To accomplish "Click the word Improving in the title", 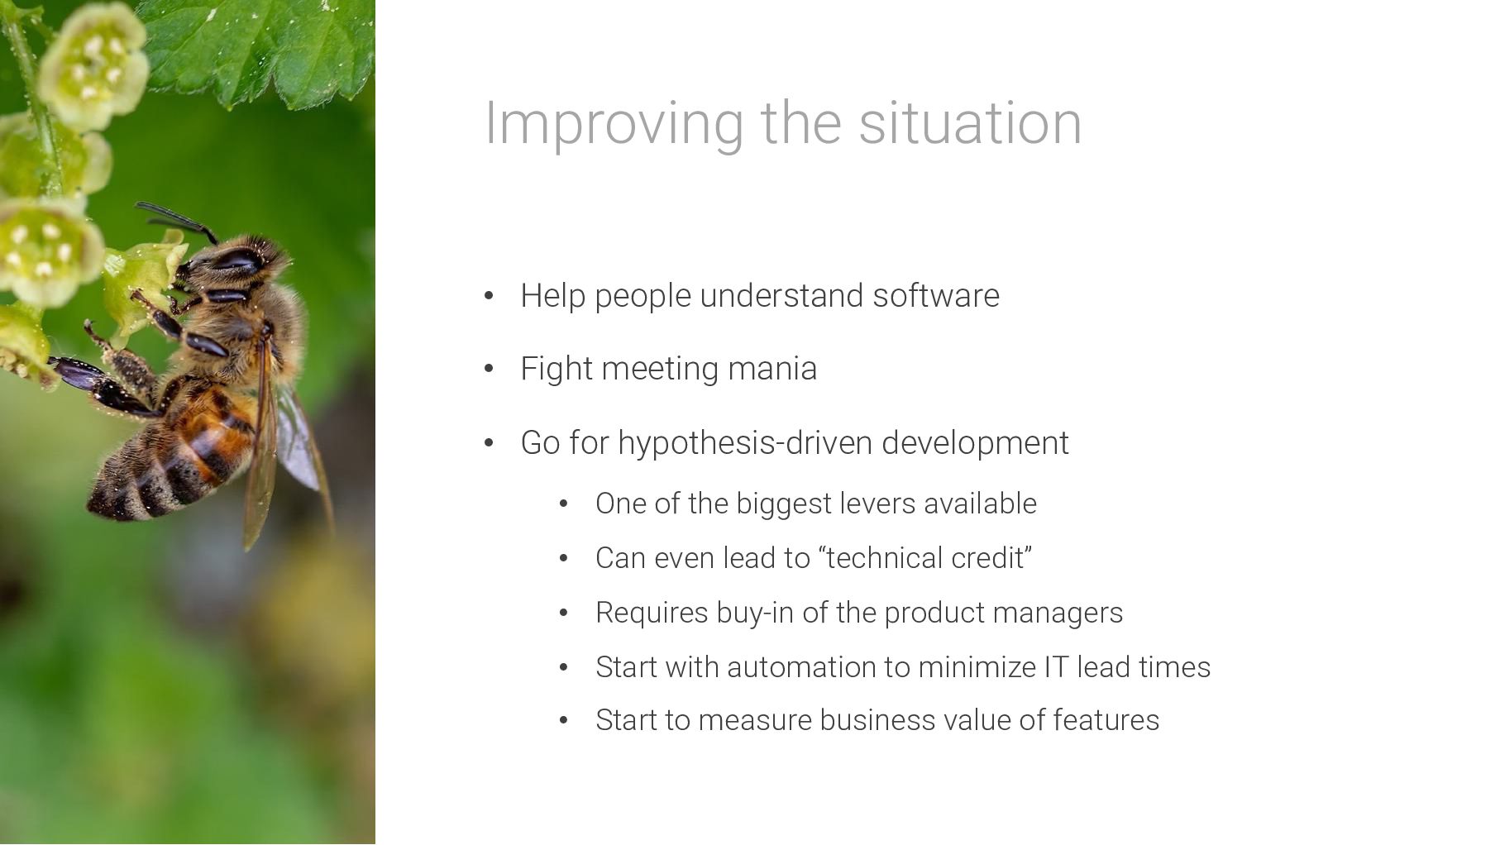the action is click(x=614, y=124).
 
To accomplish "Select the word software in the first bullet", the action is click(x=936, y=295).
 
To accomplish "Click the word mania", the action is click(x=772, y=369).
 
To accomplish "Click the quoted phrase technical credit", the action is click(x=925, y=558).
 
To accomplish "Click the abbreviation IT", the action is click(x=1056, y=667).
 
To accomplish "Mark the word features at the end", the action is click(x=1106, y=720).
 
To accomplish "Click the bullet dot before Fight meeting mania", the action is click(x=489, y=369).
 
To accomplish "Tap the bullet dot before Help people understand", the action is click(x=489, y=296).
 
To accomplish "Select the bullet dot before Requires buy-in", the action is click(x=564, y=613).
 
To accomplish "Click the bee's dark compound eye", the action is click(x=236, y=260).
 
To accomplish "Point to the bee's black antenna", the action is click(x=175, y=218).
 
